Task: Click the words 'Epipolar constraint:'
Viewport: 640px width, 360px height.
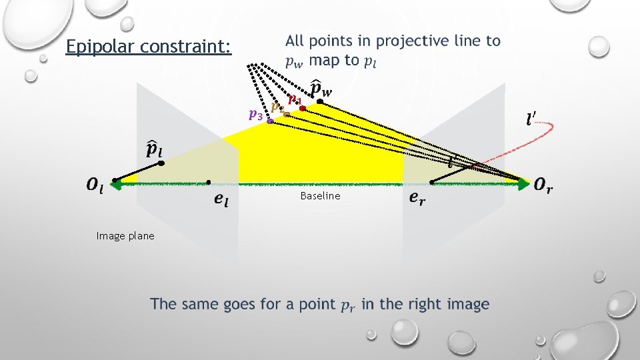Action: pyautogui.click(x=149, y=47)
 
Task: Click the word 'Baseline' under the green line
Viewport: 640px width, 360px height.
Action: pyautogui.click(x=320, y=196)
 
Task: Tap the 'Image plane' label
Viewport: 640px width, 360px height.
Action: pyautogui.click(x=125, y=235)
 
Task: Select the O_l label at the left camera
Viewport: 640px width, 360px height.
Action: pyautogui.click(x=95, y=186)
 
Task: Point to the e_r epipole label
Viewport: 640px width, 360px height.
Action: pyautogui.click(x=416, y=197)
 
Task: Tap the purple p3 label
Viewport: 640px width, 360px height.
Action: pyautogui.click(x=255, y=114)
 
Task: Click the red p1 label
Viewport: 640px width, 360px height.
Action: pyautogui.click(x=294, y=100)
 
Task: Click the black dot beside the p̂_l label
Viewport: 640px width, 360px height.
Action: pyautogui.click(x=161, y=162)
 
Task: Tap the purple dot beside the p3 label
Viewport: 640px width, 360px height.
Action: pyautogui.click(x=270, y=122)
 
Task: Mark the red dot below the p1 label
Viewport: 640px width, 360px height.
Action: pyautogui.click(x=302, y=108)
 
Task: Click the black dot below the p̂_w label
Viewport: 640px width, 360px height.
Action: pyautogui.click(x=320, y=101)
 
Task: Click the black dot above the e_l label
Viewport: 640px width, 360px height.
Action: pyautogui.click(x=209, y=181)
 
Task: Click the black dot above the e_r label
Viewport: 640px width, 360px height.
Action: pyautogui.click(x=432, y=181)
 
